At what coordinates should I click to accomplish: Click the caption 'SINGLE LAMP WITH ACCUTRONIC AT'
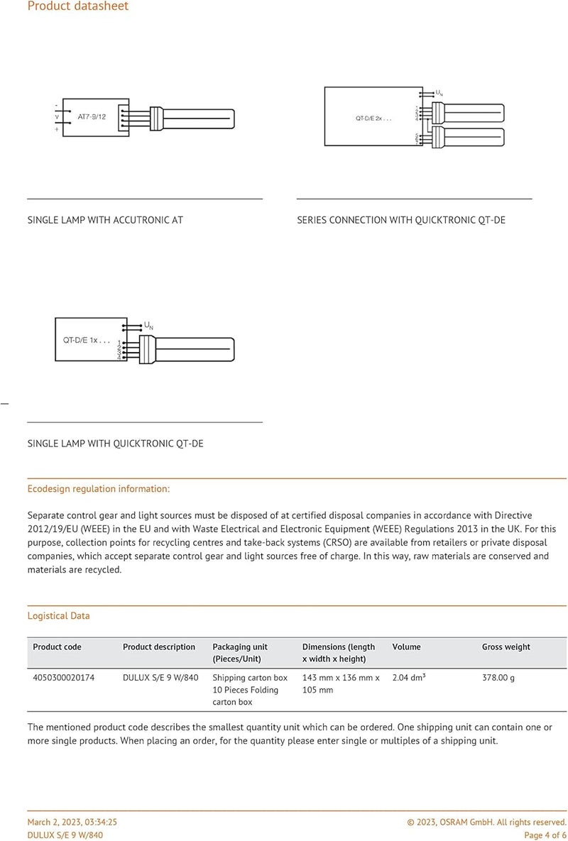[105, 220]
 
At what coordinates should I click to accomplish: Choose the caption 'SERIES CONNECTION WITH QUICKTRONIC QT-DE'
[401, 220]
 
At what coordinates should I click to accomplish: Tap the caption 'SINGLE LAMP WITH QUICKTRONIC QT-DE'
[115, 444]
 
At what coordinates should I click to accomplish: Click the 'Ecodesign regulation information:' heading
[99, 489]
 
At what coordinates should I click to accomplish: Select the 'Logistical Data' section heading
[58, 615]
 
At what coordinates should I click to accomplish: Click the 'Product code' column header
[57, 647]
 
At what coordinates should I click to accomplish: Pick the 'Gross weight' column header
[506, 647]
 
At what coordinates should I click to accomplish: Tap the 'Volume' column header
[406, 647]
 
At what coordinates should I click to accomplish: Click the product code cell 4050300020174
[63, 678]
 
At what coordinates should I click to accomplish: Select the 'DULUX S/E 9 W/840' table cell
[160, 678]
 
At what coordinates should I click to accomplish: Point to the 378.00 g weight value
[498, 678]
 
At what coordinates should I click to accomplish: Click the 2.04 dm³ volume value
[409, 678]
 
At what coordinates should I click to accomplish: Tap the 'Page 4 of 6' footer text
[545, 835]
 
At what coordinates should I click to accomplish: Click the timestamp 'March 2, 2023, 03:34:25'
[72, 822]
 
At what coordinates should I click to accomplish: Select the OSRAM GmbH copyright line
[486, 822]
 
